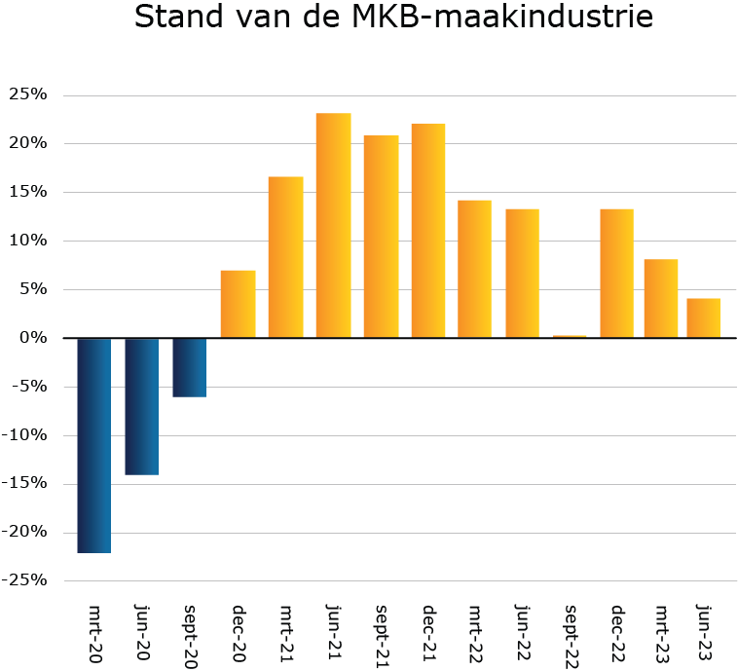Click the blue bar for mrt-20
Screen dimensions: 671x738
(x=94, y=445)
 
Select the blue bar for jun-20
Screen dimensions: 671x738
(x=142, y=406)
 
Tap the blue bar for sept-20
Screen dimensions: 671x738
(x=190, y=367)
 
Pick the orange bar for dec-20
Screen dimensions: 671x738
(x=238, y=304)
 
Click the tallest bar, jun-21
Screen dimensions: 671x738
(x=333, y=226)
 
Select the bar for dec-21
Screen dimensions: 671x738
(x=428, y=231)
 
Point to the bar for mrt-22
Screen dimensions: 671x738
(x=475, y=269)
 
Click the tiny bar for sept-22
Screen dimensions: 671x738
(x=571, y=336)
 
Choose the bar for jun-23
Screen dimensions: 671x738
(x=703, y=317)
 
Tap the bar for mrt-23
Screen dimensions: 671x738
(x=661, y=298)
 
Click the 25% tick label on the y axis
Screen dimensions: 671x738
(x=27, y=94)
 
